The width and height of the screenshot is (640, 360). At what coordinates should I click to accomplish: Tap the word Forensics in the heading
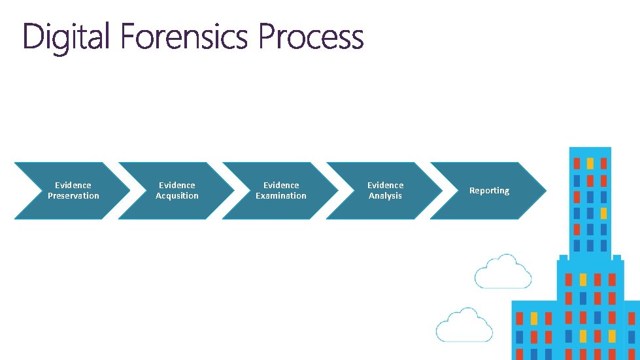(184, 36)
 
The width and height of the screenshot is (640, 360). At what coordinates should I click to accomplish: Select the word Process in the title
(311, 36)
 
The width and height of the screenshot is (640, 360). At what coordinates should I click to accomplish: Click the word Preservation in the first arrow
(73, 196)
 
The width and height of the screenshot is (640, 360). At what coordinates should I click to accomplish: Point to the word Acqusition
(177, 196)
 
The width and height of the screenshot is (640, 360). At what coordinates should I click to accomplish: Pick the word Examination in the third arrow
(281, 196)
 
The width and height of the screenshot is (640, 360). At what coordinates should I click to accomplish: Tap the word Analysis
(385, 196)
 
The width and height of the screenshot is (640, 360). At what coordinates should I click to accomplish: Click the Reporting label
(490, 191)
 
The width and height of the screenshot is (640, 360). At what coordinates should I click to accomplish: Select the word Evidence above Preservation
(73, 185)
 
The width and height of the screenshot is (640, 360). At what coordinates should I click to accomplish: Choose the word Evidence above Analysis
(385, 185)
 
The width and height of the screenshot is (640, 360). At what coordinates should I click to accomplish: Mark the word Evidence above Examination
(281, 185)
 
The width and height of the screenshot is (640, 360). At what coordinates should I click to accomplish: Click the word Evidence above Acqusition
(177, 185)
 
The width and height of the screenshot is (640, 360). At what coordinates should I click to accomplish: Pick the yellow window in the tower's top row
(590, 164)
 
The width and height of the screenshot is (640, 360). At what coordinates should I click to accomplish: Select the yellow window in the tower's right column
(603, 213)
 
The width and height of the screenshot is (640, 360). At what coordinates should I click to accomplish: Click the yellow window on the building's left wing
(534, 318)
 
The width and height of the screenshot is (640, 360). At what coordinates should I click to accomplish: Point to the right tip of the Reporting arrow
(546, 190)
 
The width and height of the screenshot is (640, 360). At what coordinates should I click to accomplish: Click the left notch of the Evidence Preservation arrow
(42, 190)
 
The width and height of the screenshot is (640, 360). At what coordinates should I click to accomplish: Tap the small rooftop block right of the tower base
(616, 257)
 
